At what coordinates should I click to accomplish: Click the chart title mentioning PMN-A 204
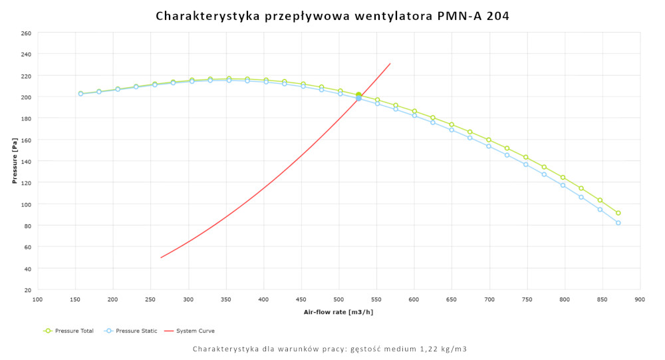[332, 15]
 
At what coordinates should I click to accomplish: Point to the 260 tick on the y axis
[26, 33]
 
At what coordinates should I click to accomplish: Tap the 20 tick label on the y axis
[27, 290]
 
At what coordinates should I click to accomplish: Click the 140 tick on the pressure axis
[26, 162]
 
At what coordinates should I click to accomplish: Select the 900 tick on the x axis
[640, 299]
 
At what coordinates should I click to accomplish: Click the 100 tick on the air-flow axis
[38, 299]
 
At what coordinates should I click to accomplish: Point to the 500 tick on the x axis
[339, 299]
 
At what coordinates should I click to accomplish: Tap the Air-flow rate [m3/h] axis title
[338, 311]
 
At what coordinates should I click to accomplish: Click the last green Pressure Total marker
[618, 213]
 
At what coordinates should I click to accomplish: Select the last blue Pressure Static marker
[618, 223]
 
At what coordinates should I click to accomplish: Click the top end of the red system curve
[390, 64]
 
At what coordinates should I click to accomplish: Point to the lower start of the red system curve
[161, 258]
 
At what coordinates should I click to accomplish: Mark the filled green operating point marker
[358, 95]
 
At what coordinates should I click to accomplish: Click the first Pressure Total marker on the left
[80, 94]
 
